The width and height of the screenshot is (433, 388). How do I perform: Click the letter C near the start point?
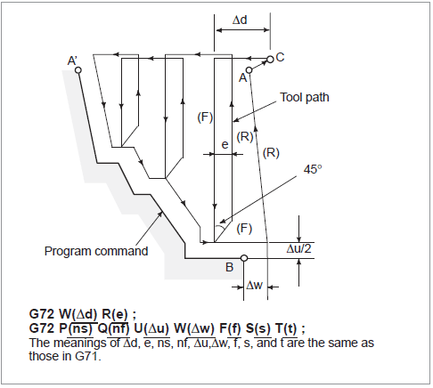coord(280,57)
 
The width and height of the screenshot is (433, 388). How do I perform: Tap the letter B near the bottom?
coord(229,266)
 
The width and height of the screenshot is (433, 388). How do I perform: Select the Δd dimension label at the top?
coord(240,18)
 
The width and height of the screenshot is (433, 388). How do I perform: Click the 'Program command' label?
coord(96,251)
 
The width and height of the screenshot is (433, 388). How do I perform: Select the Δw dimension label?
coord(255,287)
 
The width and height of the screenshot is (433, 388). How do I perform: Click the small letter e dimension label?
coord(225,141)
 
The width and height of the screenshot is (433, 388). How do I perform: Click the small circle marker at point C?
coord(270,59)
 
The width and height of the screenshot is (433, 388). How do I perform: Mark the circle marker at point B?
coord(244,259)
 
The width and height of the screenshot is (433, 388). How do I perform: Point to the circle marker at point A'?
coord(79,70)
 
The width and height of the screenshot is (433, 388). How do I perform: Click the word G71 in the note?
coord(89,356)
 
